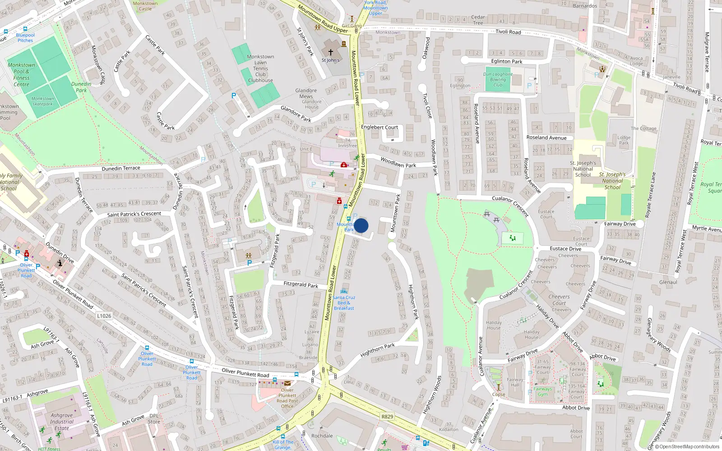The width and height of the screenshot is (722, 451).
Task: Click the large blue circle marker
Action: (361, 225)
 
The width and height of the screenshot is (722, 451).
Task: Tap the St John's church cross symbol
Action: (330, 52)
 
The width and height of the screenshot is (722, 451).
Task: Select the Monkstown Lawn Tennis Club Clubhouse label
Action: (260, 69)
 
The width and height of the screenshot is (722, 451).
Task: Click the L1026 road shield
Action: (104, 316)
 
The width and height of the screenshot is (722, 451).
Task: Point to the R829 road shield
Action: (387, 417)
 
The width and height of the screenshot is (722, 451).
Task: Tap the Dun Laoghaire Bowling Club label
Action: (498, 79)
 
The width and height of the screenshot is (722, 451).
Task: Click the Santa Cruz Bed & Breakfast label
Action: (344, 303)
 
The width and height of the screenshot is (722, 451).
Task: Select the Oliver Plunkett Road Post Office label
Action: (287, 398)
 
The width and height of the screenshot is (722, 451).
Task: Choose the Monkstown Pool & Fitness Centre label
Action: (21, 74)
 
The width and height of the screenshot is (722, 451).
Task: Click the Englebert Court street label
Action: (379, 127)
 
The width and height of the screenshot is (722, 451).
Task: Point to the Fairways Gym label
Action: (542, 391)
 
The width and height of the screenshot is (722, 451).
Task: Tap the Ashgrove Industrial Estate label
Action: (62, 422)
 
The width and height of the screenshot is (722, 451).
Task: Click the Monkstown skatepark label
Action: (42, 101)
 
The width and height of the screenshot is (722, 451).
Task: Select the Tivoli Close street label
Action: (427, 106)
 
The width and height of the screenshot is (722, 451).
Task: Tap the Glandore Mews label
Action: (306, 93)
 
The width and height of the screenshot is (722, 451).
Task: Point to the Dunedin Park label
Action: (81, 87)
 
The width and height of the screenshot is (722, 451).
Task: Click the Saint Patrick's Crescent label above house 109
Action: (134, 214)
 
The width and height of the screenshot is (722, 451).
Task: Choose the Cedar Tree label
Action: (478, 20)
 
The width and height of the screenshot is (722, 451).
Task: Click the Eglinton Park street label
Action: (506, 61)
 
